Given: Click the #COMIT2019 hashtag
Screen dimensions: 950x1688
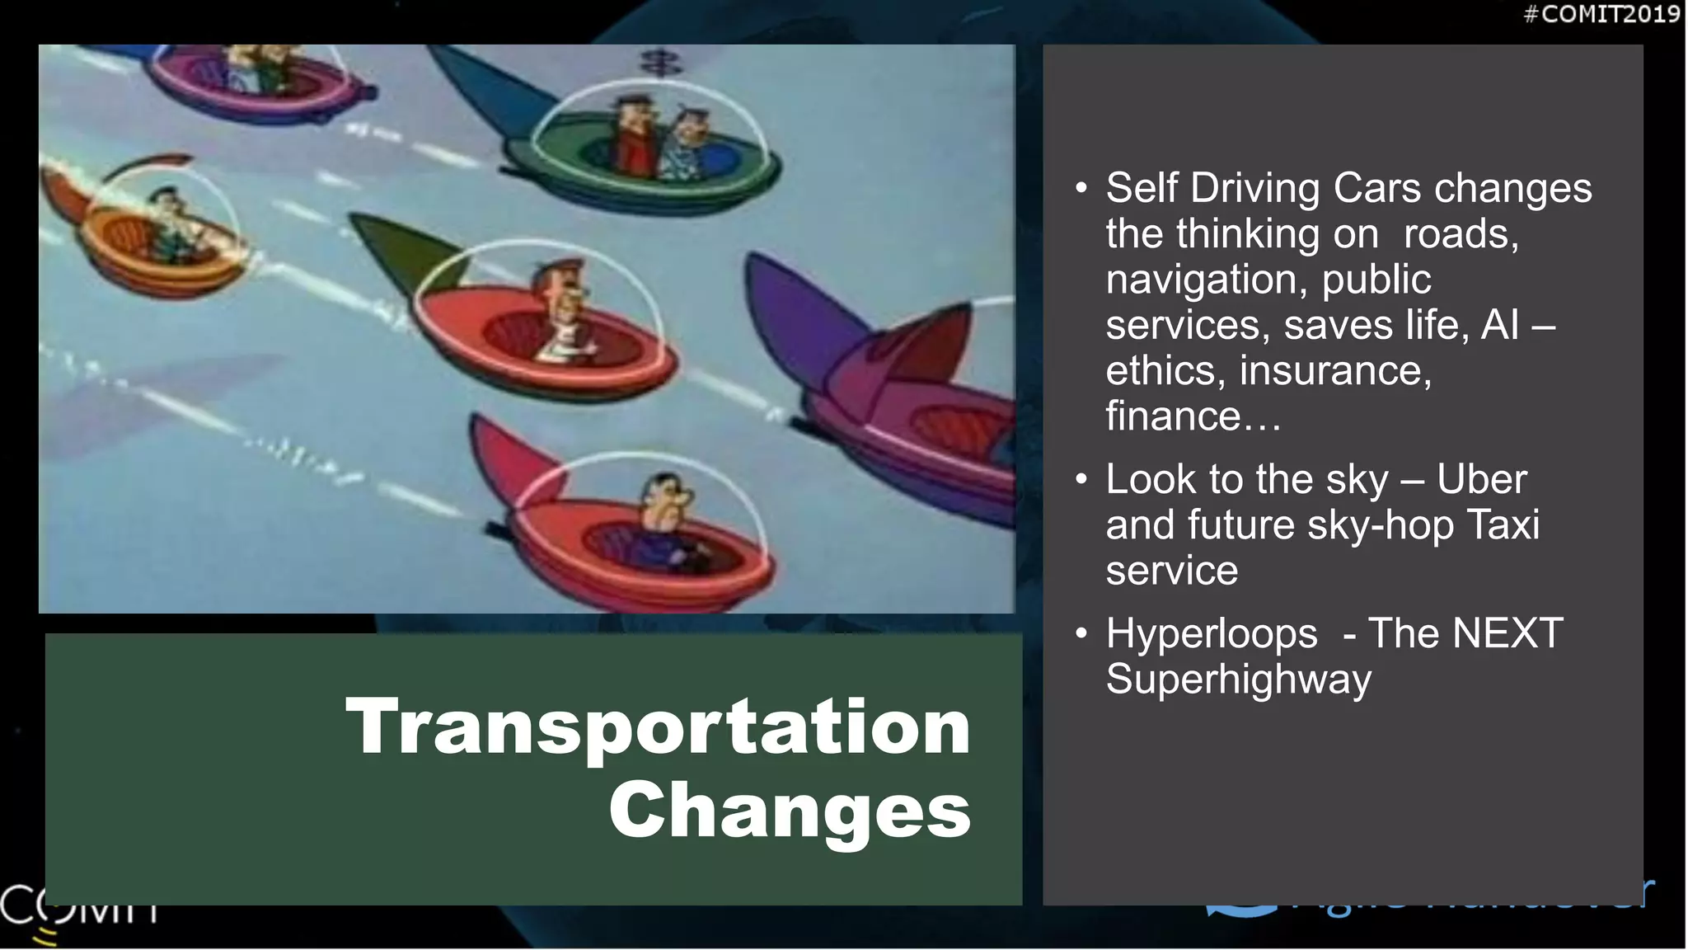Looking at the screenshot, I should tap(1601, 14).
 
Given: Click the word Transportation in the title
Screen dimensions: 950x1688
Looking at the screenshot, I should tap(658, 727).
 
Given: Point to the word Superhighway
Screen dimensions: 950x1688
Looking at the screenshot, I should tap(1238, 680).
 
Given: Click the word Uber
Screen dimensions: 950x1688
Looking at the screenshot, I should tap(1481, 479).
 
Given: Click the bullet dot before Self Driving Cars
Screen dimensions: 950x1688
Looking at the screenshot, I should tap(1081, 188).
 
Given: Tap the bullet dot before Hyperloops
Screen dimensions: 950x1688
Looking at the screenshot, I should tap(1081, 633).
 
